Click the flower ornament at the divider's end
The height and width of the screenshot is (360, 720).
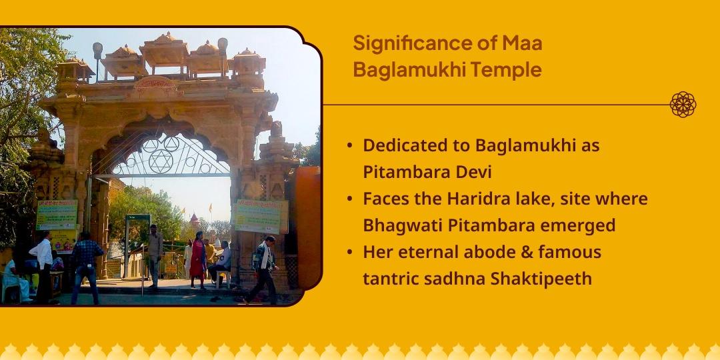pos(683,105)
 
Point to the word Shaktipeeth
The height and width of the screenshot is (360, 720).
pos(541,279)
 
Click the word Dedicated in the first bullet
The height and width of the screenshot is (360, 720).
pos(403,145)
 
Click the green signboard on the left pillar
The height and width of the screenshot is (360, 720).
pos(57,215)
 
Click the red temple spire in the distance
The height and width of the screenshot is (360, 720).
pos(193,219)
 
